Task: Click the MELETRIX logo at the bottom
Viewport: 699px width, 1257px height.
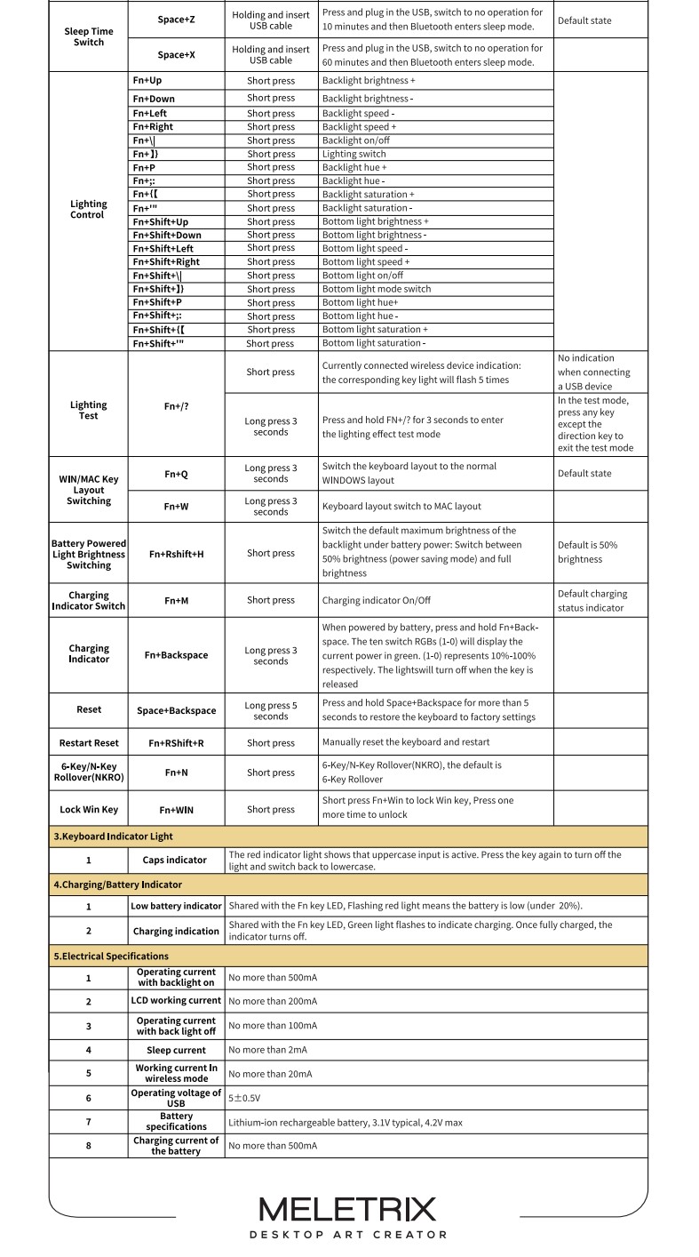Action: [x=347, y=1209]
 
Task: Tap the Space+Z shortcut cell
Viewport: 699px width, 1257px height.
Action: [x=176, y=20]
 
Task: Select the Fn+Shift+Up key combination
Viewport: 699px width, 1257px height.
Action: [x=161, y=221]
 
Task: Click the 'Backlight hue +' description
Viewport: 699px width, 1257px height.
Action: [x=354, y=167]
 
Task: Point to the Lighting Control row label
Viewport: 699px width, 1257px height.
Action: [x=88, y=210]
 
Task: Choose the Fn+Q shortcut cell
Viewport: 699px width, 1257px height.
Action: [x=176, y=475]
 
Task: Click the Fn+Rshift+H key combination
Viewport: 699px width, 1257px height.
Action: [x=176, y=554]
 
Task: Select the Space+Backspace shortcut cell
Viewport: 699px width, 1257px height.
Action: [x=176, y=710]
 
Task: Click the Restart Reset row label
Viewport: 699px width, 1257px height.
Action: [x=89, y=743]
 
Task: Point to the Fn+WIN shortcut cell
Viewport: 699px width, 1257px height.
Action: [x=176, y=810]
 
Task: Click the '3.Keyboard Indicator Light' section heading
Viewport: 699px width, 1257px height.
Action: [x=113, y=837]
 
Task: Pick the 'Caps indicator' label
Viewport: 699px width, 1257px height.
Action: [x=175, y=861]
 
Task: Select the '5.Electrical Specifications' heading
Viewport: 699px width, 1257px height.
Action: [x=110, y=956]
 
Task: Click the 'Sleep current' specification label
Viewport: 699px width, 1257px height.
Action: [x=176, y=1050]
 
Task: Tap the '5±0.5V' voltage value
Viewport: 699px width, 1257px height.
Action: [x=244, y=1098]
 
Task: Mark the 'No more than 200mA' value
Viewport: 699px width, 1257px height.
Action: [x=273, y=1001]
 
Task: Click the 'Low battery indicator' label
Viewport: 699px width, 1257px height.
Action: [x=176, y=906]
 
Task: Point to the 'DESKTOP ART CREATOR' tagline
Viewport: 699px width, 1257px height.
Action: [x=347, y=1235]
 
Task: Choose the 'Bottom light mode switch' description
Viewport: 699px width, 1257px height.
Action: [x=377, y=289]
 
